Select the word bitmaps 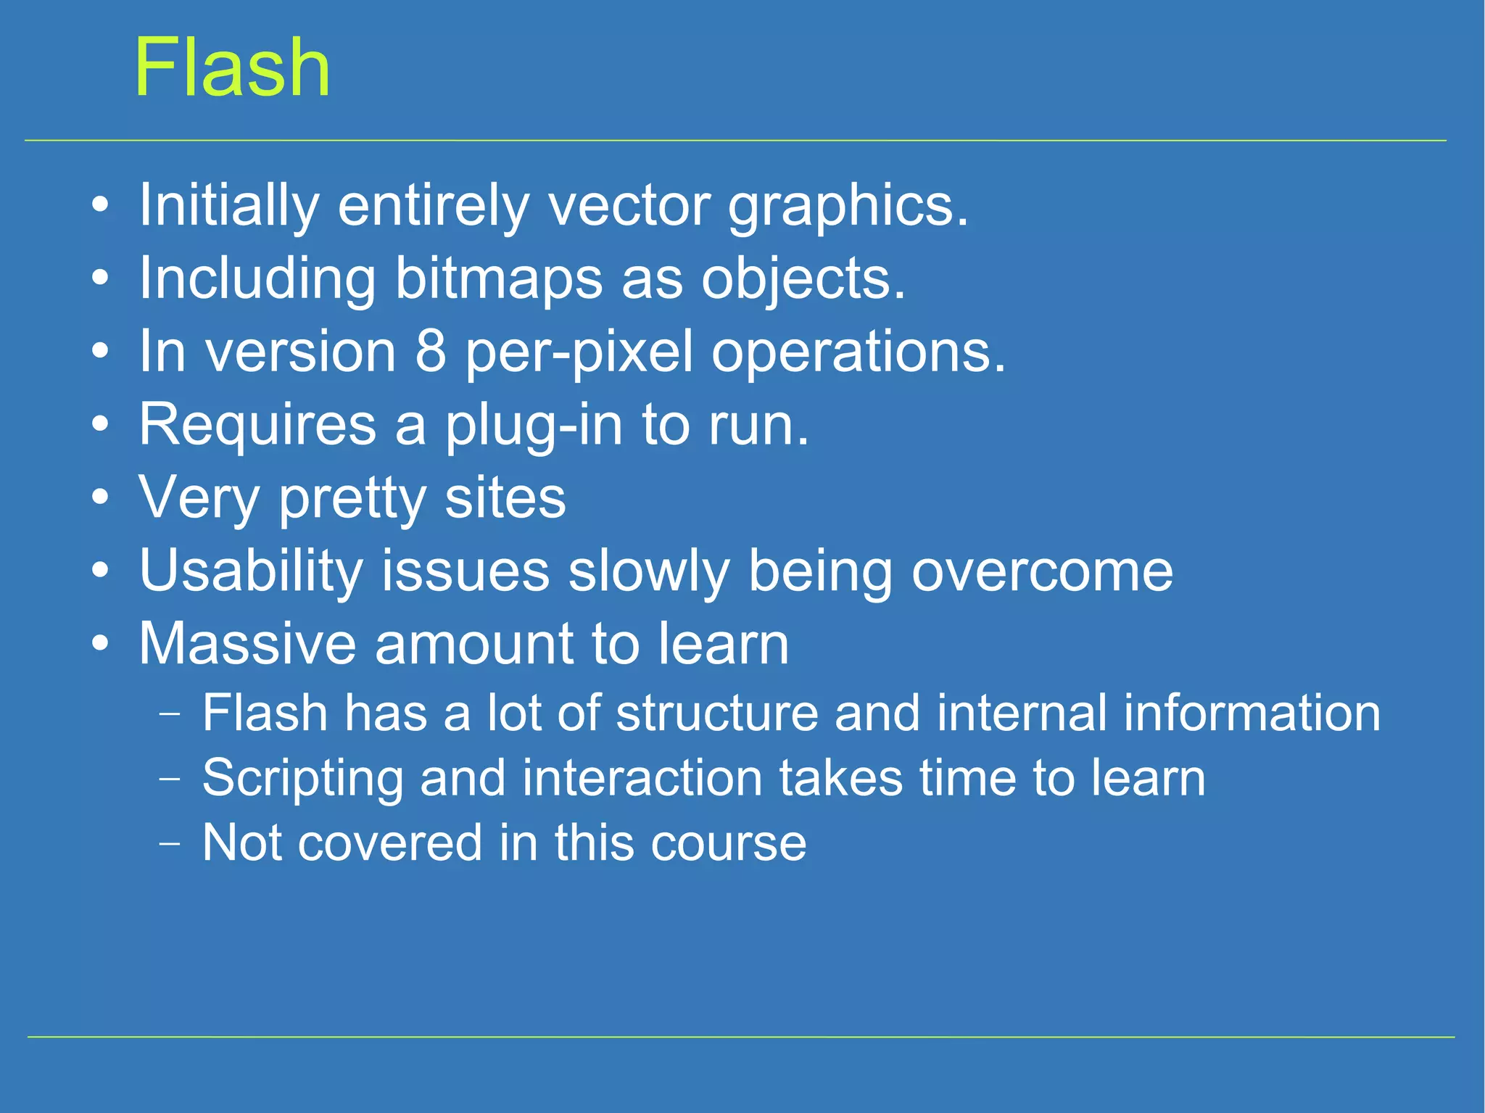point(498,279)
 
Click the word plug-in point(533,426)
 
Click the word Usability point(251,571)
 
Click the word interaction point(642,778)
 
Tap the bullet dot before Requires point(101,425)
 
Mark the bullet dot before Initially point(101,206)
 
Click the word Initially point(228,206)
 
